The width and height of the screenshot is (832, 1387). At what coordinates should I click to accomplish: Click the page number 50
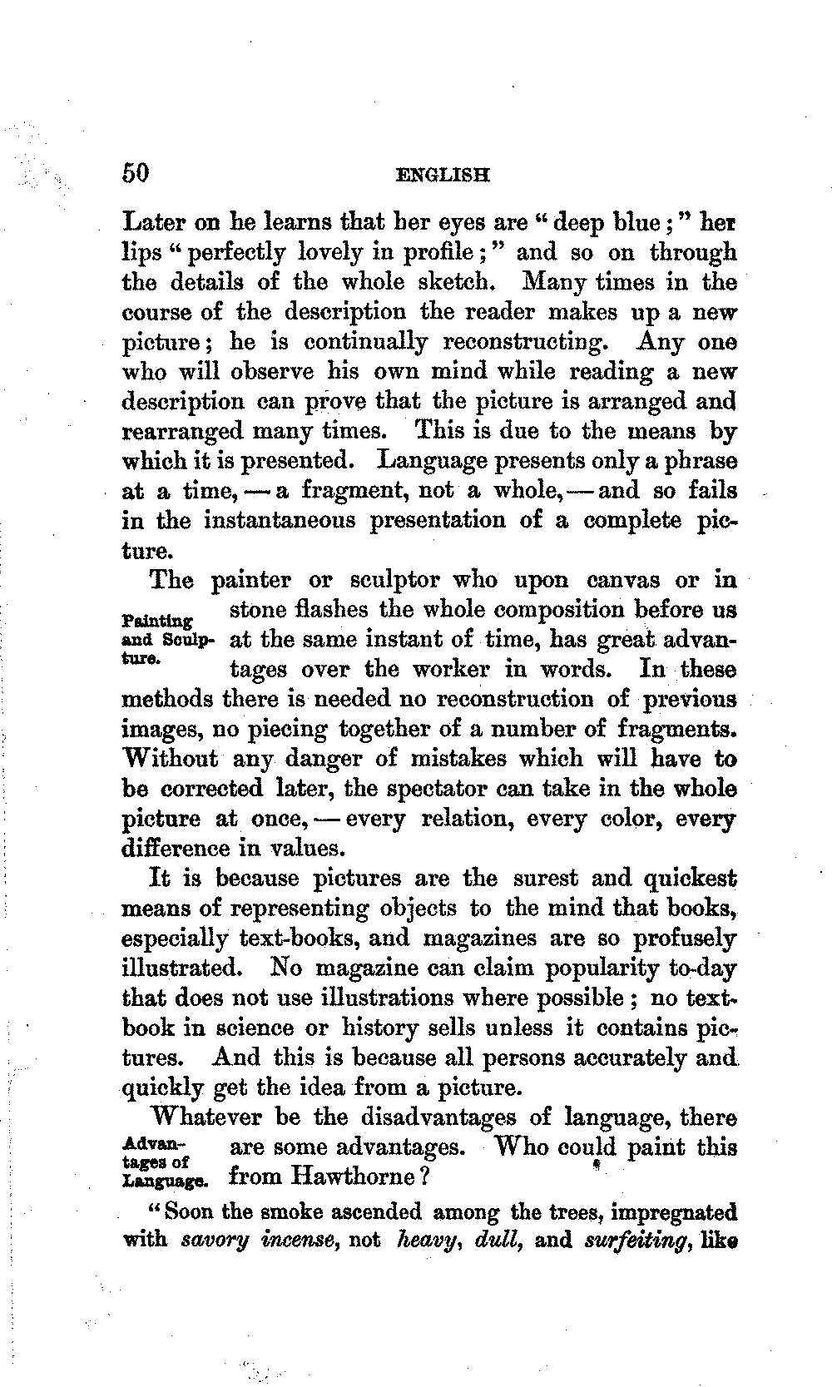tap(136, 173)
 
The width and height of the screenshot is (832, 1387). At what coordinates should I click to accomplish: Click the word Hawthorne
tap(350, 1177)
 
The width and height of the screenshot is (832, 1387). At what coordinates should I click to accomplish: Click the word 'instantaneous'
tap(280, 521)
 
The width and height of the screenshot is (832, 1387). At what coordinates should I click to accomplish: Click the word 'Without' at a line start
tap(170, 759)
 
